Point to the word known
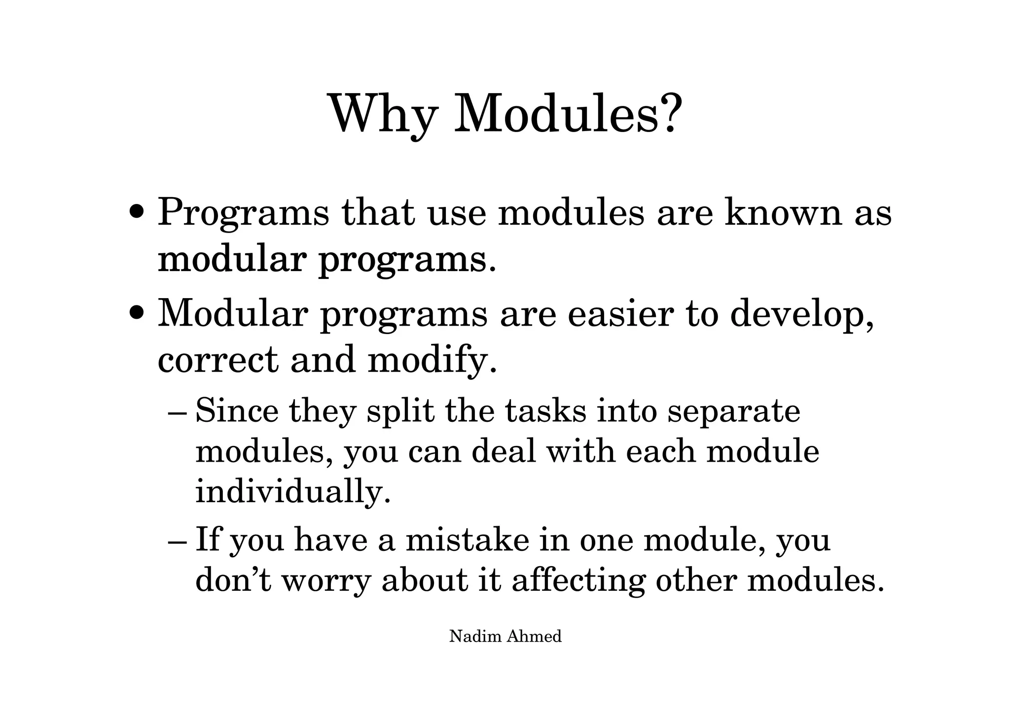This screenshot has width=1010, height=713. coord(783,212)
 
